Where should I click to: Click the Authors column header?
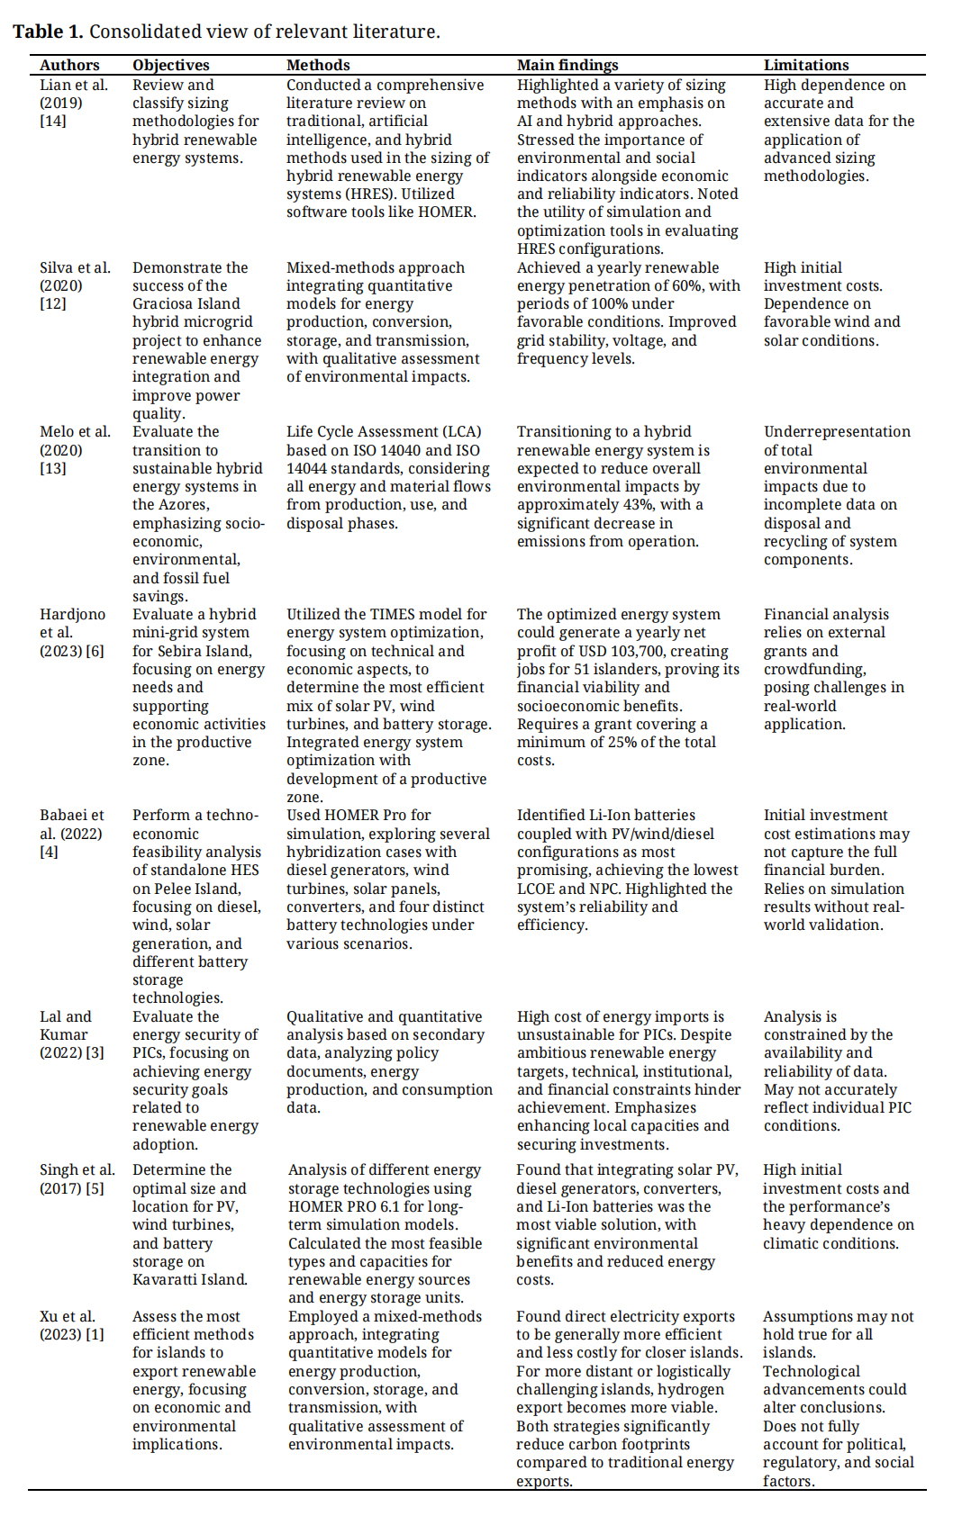pos(69,65)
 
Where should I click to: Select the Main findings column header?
pos(567,65)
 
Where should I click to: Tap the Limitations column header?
pos(806,65)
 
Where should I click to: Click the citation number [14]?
pos(53,121)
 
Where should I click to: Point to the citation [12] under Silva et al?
pos(53,303)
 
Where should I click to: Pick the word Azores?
pos(185,504)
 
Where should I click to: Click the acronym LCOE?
pos(538,889)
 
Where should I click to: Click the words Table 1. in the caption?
pos(48,32)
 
